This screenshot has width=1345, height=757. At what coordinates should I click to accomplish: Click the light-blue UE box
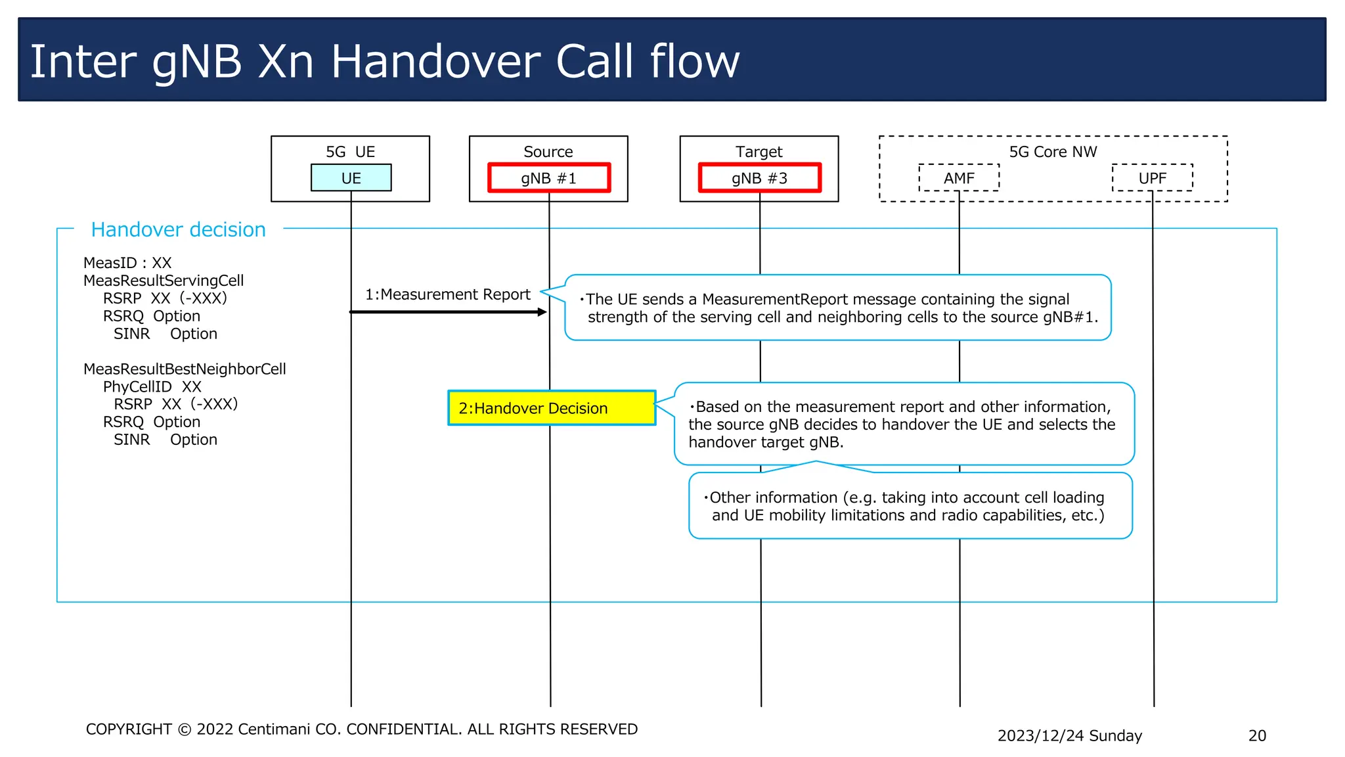[351, 178]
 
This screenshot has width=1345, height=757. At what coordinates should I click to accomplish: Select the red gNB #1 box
[548, 178]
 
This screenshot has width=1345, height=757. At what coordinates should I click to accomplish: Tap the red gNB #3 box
[759, 178]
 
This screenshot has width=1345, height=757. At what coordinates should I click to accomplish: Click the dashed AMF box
[959, 178]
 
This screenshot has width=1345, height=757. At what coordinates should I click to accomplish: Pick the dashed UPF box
[1152, 178]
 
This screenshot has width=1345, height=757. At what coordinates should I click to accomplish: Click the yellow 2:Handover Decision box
[552, 408]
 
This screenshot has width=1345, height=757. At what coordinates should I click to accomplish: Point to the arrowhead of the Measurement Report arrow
[542, 312]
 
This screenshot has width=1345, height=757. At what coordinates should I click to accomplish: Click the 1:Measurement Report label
[447, 294]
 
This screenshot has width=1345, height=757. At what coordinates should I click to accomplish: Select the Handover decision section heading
[178, 229]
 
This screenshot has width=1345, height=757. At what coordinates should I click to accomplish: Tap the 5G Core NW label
[1053, 152]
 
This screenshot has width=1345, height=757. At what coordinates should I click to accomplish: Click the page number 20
[1256, 735]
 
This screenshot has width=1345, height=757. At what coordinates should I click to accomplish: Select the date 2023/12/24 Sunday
[1069, 735]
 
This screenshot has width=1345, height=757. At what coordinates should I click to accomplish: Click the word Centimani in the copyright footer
[273, 729]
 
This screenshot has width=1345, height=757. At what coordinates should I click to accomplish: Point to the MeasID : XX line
[127, 263]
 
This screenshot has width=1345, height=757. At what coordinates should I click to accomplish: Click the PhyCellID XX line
[152, 386]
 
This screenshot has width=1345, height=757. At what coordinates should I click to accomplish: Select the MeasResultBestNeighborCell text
[185, 369]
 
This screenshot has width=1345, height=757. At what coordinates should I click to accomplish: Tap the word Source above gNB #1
[548, 152]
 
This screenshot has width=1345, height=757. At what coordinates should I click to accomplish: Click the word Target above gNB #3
[759, 152]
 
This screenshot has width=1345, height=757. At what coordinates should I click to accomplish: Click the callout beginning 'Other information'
[910, 506]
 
